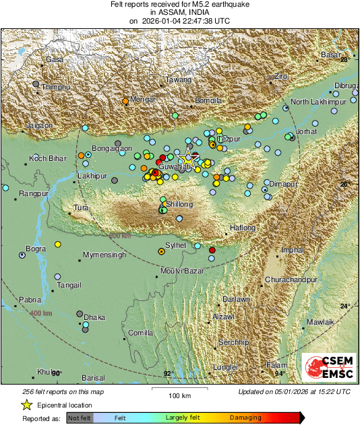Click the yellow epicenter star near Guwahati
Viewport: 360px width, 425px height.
point(191,160)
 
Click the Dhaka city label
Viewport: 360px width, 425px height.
point(94,317)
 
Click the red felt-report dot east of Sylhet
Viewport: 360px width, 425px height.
point(212,250)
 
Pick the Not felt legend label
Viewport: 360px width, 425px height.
point(80,418)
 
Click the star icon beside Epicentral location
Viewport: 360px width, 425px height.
point(26,405)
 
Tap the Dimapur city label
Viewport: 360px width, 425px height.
point(280,183)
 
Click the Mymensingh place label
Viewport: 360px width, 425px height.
point(104,255)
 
